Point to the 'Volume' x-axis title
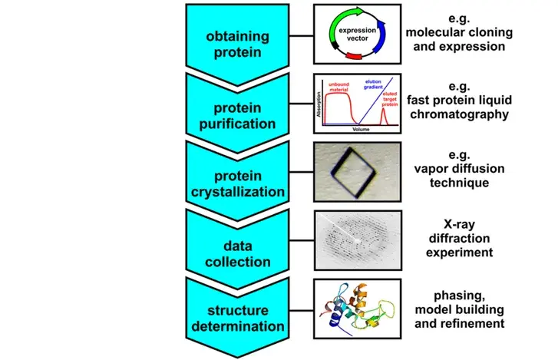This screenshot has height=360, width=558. pyautogui.click(x=357, y=130)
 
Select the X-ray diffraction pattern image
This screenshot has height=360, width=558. pyautogui.click(x=357, y=240)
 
